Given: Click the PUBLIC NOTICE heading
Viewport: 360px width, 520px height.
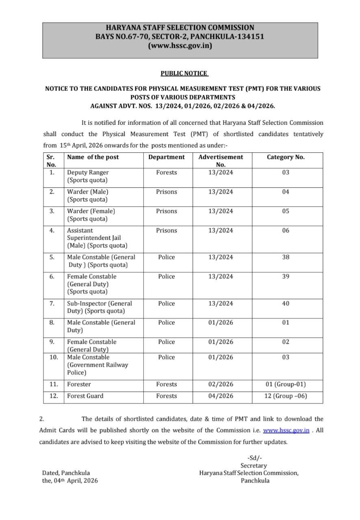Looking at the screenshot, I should tap(184, 73).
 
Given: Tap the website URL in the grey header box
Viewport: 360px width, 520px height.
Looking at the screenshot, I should tap(180, 45).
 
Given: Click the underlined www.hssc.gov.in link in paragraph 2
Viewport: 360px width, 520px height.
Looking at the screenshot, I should tap(286, 430).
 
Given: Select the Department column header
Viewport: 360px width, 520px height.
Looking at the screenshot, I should tap(166, 157).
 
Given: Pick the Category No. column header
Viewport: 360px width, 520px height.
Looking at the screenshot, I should tap(286, 157).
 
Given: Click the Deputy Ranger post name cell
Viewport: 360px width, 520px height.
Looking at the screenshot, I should tap(88, 176).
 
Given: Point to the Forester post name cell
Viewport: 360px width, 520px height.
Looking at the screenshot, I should tap(79, 384).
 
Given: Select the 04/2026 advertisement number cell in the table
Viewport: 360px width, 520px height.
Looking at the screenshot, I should tap(221, 396).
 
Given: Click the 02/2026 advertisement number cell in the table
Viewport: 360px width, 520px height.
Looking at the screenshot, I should tap(221, 384).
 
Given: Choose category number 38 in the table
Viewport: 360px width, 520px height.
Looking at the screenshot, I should tap(286, 257).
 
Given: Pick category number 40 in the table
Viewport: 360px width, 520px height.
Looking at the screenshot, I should tap(286, 303).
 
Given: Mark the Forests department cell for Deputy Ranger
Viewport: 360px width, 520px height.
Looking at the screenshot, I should tap(166, 173).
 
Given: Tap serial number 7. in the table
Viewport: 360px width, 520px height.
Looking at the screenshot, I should tap(52, 303).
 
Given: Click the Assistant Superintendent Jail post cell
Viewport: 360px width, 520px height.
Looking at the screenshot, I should tap(97, 238).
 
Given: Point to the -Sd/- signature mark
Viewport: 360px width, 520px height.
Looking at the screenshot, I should tap(254, 458).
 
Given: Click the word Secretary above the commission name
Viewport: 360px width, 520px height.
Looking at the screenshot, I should tap(254, 466).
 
